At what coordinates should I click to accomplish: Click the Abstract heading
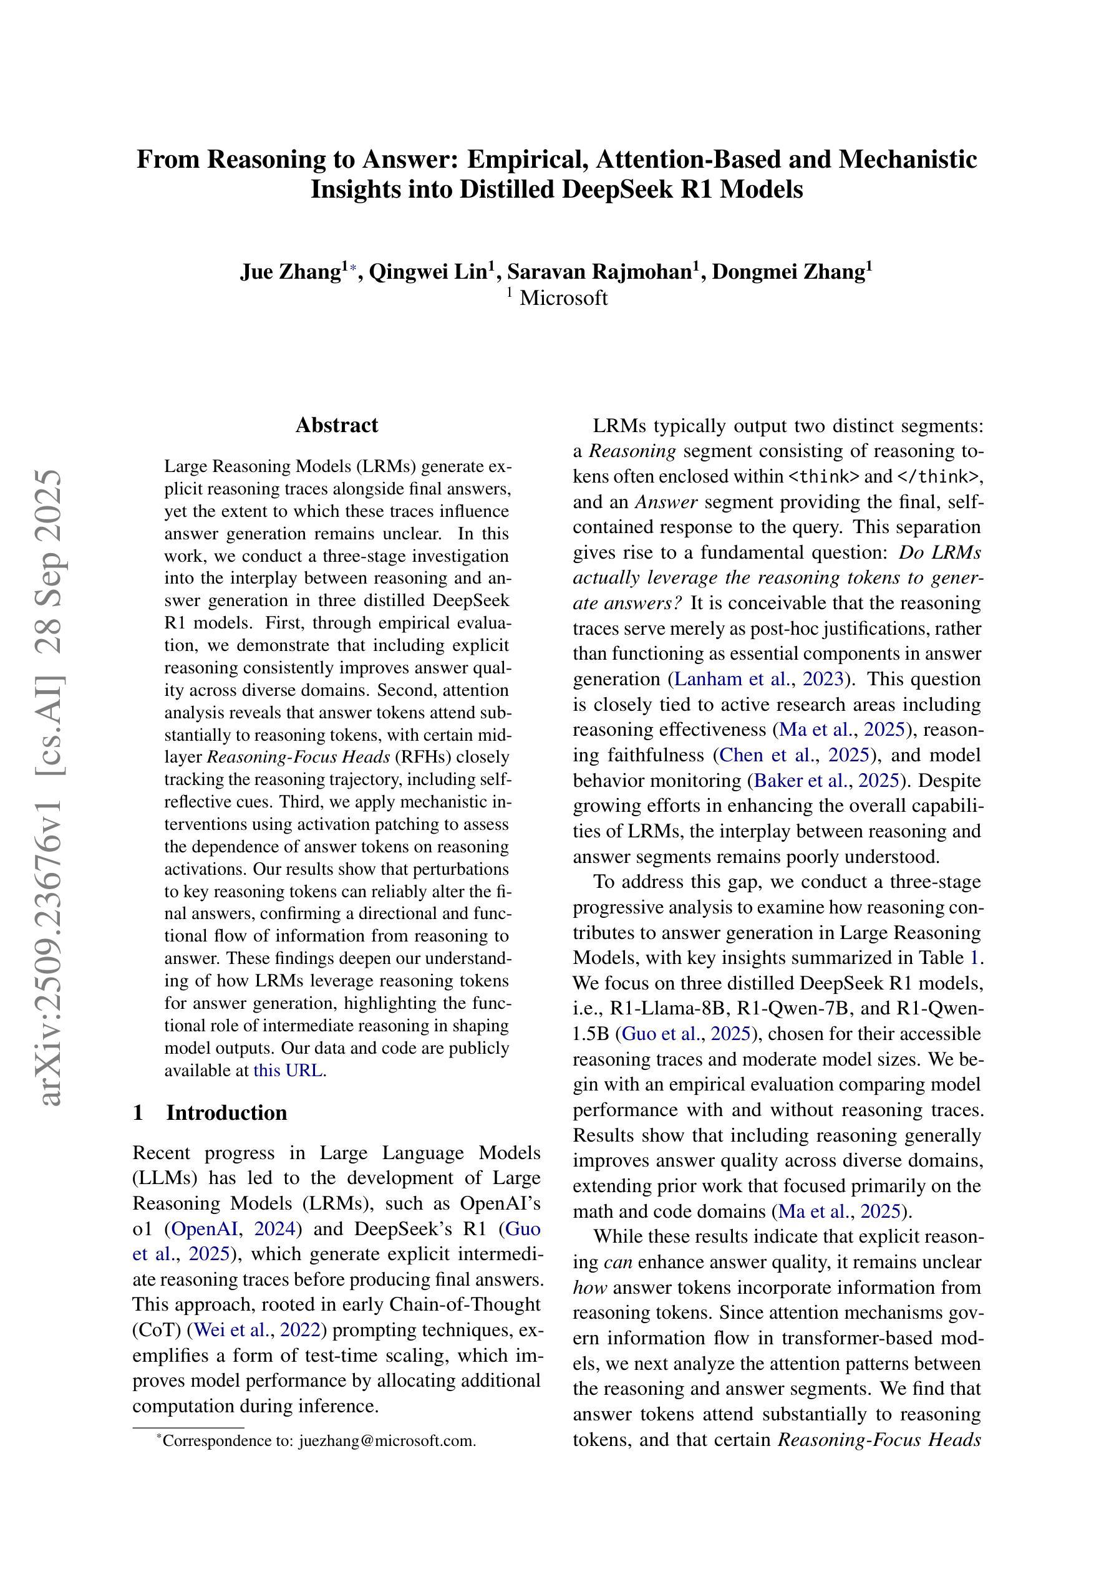tap(336, 425)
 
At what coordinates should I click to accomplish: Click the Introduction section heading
tap(226, 1112)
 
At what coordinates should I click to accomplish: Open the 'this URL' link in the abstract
tap(289, 1070)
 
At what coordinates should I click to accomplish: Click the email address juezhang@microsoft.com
tap(387, 1440)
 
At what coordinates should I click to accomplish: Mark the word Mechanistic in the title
tap(908, 159)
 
